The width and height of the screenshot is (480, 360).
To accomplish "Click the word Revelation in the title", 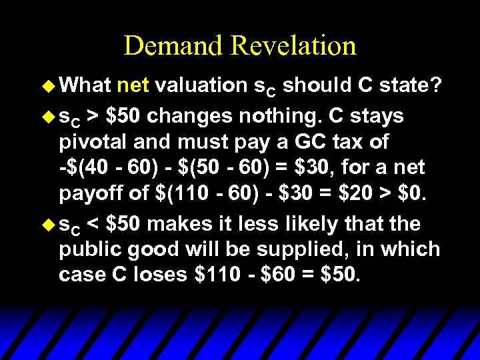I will (293, 45).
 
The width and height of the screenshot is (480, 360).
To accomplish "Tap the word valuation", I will (203, 85).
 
